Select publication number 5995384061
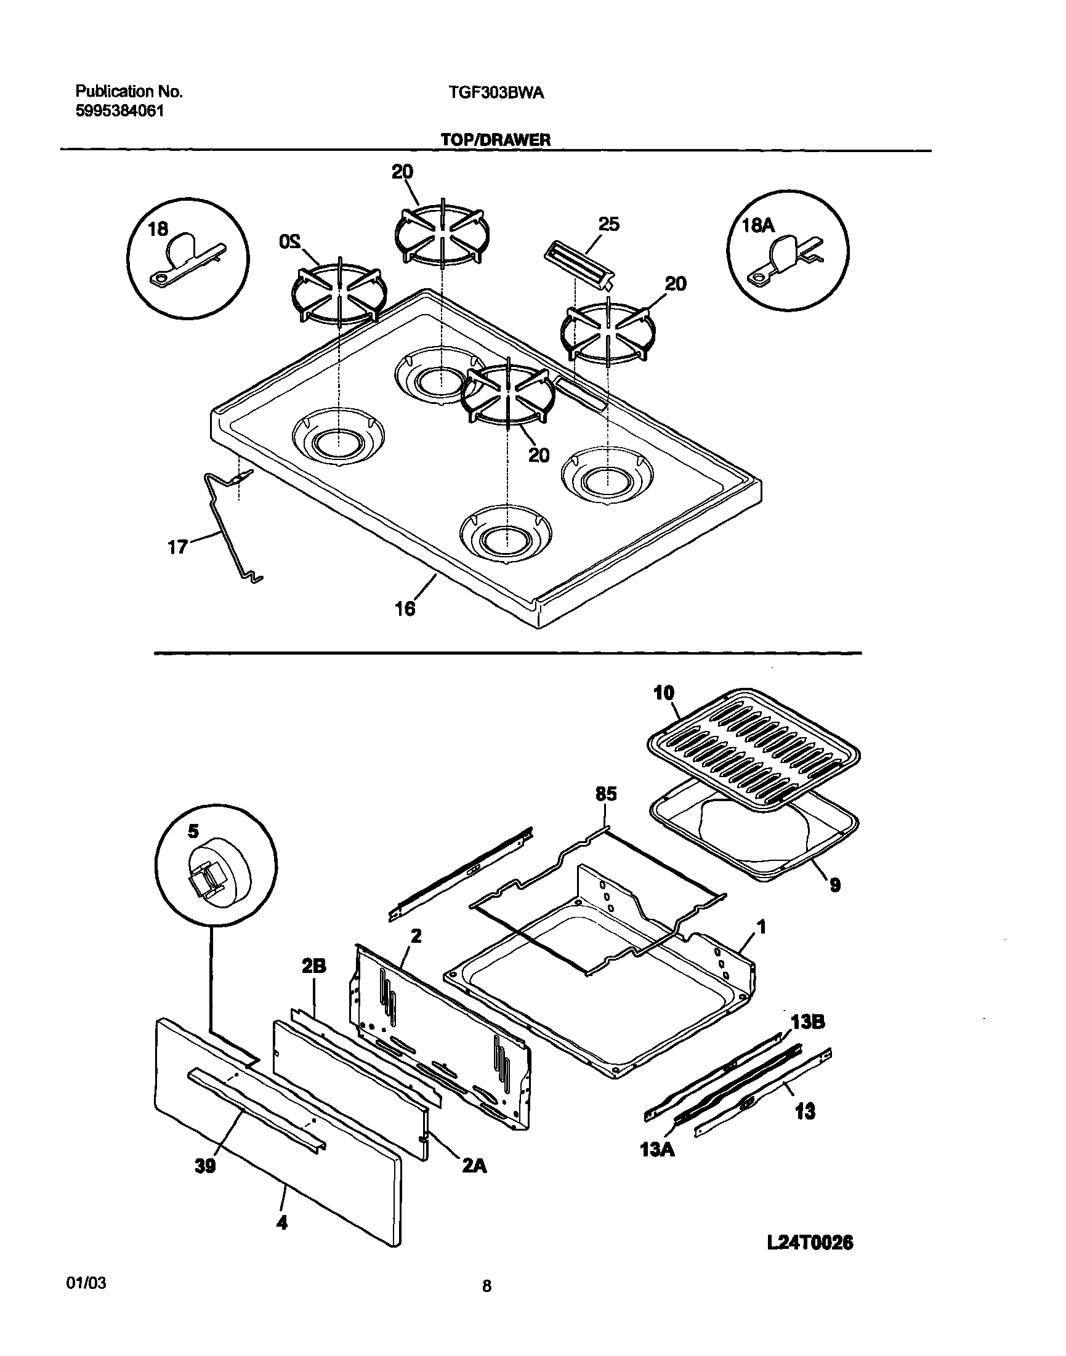(120, 111)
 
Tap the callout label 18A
(757, 226)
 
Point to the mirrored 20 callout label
(289, 240)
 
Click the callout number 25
(608, 224)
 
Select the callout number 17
(177, 547)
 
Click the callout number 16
(405, 608)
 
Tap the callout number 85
(605, 794)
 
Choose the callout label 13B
(807, 1022)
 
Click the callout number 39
(204, 1165)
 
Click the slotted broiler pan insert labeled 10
(751, 747)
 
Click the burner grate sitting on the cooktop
(507, 396)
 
